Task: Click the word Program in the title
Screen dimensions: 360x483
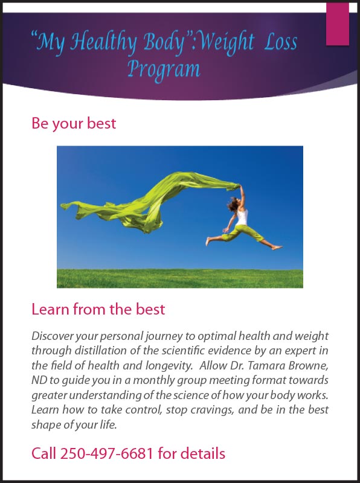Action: pos(164,69)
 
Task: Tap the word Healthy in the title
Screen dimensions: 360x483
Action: pos(103,42)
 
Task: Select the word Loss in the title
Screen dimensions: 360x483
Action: pos(280,42)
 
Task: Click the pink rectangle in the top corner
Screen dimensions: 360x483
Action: pos(338,24)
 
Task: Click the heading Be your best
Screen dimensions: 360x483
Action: pos(74,124)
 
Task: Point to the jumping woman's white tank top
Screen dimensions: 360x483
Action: pos(242,217)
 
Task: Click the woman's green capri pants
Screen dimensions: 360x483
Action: pos(243,234)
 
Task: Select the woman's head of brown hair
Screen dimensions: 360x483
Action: pos(233,204)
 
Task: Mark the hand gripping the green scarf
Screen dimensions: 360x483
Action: pos(239,187)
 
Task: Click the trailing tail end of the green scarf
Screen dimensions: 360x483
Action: pos(66,206)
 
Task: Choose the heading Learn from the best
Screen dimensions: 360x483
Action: pos(98,309)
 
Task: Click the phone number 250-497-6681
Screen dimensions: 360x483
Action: pos(106,453)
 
